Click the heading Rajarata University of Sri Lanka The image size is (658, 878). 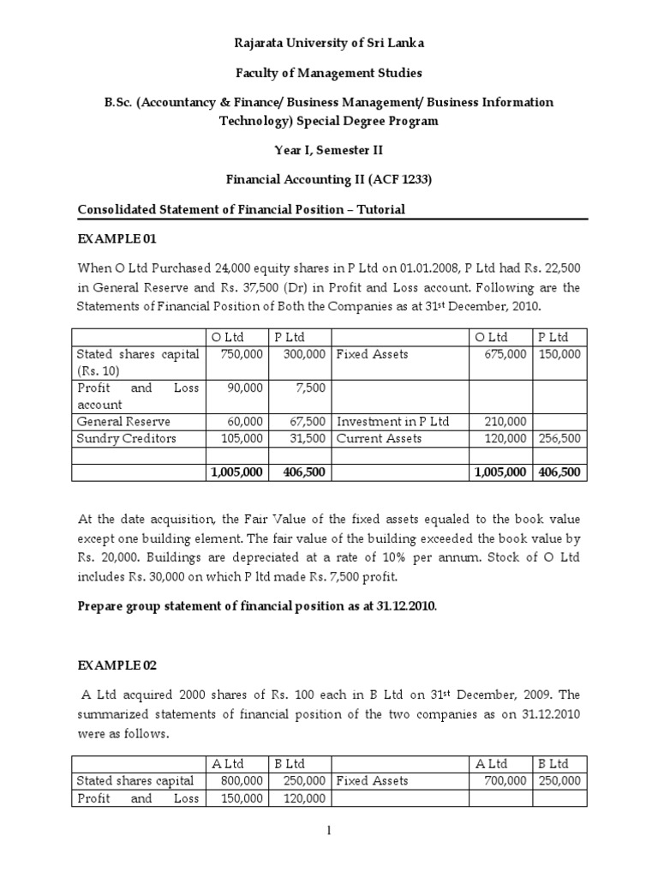[x=330, y=42]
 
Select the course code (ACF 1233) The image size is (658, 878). [x=404, y=181]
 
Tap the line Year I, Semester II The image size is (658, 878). [x=330, y=151]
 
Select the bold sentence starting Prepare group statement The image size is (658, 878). [x=257, y=604]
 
